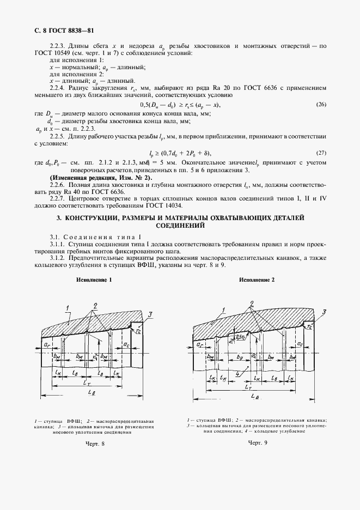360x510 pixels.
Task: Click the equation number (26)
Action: pos(321,104)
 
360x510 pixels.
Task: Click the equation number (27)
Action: pos(321,153)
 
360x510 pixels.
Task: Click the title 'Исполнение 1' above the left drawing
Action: pos(94,280)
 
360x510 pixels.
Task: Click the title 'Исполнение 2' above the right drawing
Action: pos(258,280)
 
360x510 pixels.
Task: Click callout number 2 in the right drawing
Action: pos(252,303)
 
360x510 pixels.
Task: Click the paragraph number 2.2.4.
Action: pos(57,87)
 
